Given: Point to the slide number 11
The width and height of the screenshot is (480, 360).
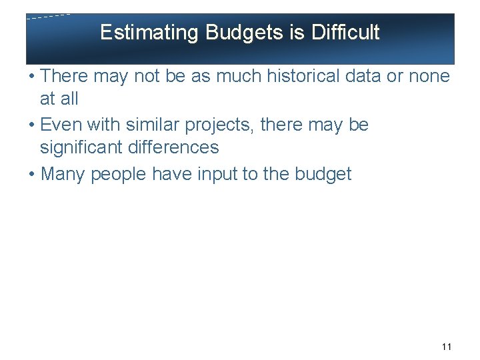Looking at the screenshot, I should (447, 347).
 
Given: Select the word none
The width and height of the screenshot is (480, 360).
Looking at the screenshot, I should (429, 77).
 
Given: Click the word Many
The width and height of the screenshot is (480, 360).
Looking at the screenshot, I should (63, 175).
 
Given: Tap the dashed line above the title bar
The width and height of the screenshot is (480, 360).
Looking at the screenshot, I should (49, 16).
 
